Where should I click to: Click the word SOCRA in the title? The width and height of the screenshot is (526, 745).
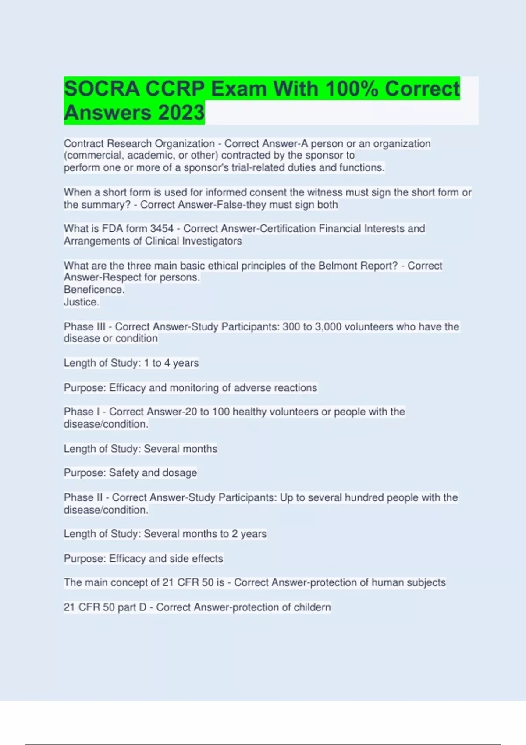[102, 89]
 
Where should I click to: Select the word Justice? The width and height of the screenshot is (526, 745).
[82, 302]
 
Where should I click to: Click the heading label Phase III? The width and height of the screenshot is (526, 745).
[85, 326]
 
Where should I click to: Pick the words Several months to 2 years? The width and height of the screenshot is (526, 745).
[205, 534]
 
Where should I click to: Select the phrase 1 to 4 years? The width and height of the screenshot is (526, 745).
[171, 363]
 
